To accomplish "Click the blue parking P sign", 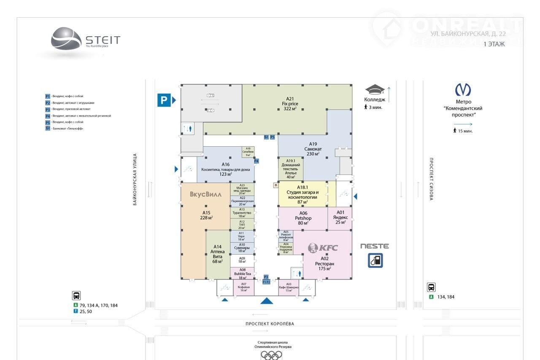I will pos(164,100).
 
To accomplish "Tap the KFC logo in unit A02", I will pos(323,248).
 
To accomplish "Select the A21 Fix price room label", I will pos(290,103).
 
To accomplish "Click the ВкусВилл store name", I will pos(206,194).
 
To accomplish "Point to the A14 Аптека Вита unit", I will pos(217,254).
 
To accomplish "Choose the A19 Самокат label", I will pos(313,149).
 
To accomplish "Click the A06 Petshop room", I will pos(303,218).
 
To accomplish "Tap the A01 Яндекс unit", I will pos(340,218).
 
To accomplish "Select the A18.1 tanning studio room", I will pos(302,194).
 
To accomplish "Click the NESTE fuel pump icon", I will pos(375,261).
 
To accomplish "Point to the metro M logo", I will pos(463,90).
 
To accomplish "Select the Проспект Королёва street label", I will pos(270,324).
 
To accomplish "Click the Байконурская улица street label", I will pos(135,179).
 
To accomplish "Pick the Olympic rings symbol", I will pos(271,355).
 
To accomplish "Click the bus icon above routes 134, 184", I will pos(432,287).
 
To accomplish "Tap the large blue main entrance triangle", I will pos(267,300).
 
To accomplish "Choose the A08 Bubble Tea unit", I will pos(242,273).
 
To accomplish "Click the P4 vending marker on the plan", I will pos(256,161).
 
